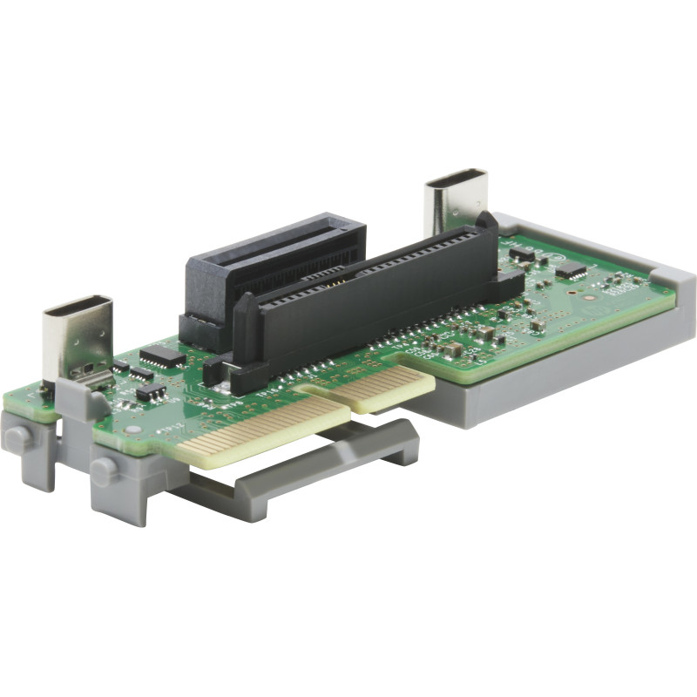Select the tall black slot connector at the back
[x=274, y=261]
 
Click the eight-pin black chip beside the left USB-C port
[x=162, y=355]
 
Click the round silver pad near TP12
[x=132, y=430]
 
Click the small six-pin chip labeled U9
[x=150, y=391]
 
